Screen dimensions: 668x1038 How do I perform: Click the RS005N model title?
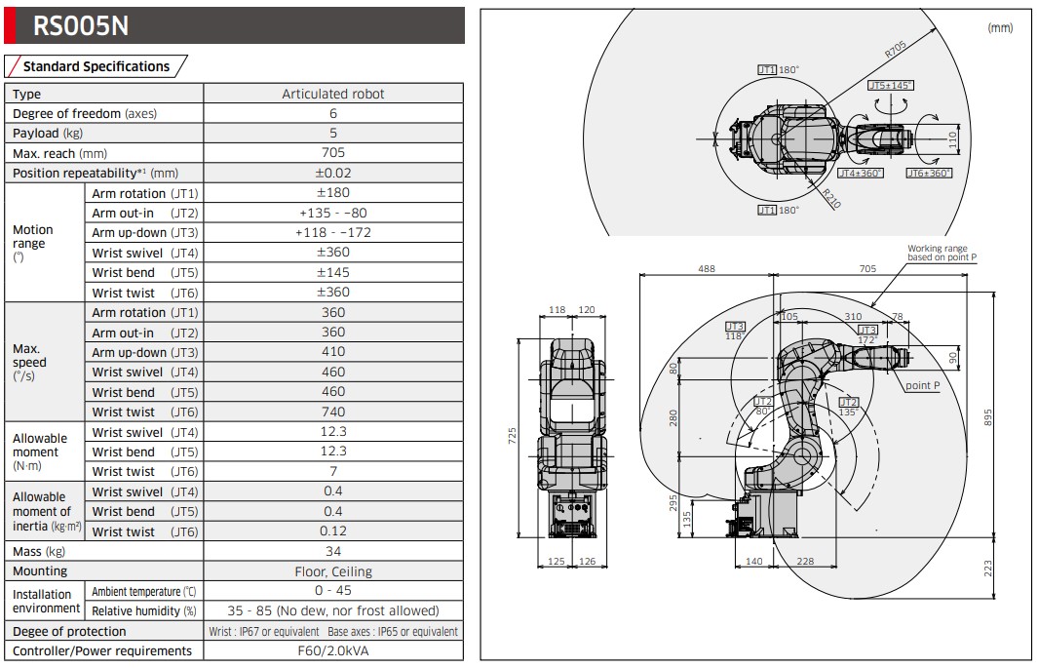[81, 25]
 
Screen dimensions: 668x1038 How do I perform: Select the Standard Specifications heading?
[96, 66]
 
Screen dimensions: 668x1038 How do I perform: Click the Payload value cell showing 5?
[332, 133]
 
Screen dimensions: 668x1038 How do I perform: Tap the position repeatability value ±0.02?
[332, 173]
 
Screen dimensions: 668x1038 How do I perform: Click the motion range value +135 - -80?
[332, 213]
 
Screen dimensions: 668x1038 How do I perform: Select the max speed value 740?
[332, 412]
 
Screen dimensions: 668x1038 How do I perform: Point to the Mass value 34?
[332, 551]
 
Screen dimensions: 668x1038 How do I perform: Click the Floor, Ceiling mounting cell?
[332, 571]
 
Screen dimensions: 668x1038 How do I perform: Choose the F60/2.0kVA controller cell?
[332, 650]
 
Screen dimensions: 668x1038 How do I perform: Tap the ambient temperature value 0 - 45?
[332, 590]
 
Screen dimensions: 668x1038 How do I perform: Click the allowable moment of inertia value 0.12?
[332, 531]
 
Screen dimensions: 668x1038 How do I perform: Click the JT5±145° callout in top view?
[890, 86]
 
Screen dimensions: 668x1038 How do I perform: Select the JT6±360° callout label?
[928, 173]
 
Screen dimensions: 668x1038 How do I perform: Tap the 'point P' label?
[922, 385]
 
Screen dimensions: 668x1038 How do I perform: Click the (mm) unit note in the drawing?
[1000, 28]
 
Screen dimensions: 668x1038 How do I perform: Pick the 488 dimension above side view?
[707, 268]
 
